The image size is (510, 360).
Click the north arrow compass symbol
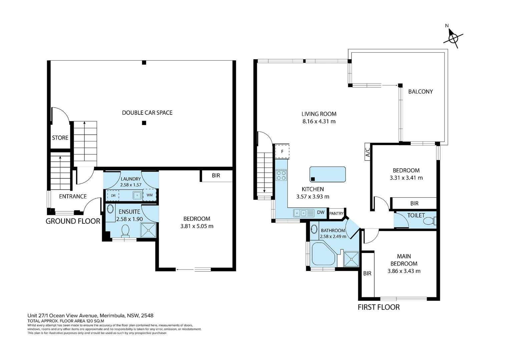[453, 38]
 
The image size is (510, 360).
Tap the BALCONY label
[421, 91]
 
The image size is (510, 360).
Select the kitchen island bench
[328, 174]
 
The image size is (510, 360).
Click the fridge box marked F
[282, 151]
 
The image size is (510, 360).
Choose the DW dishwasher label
[321, 212]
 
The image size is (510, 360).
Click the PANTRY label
[336, 213]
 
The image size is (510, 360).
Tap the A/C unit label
[368, 152]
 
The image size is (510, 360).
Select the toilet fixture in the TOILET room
[430, 221]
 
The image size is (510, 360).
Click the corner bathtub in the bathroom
[323, 254]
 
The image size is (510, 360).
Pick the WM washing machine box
[149, 195]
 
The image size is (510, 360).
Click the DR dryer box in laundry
[113, 195]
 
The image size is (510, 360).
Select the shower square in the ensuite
[148, 230]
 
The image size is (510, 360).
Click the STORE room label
[60, 138]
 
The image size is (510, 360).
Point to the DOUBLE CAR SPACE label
[147, 113]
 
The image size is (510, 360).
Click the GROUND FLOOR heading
[73, 221]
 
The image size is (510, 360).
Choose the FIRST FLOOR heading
[379, 307]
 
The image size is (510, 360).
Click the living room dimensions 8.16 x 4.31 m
[319, 121]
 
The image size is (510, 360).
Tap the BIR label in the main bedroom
[367, 273]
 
